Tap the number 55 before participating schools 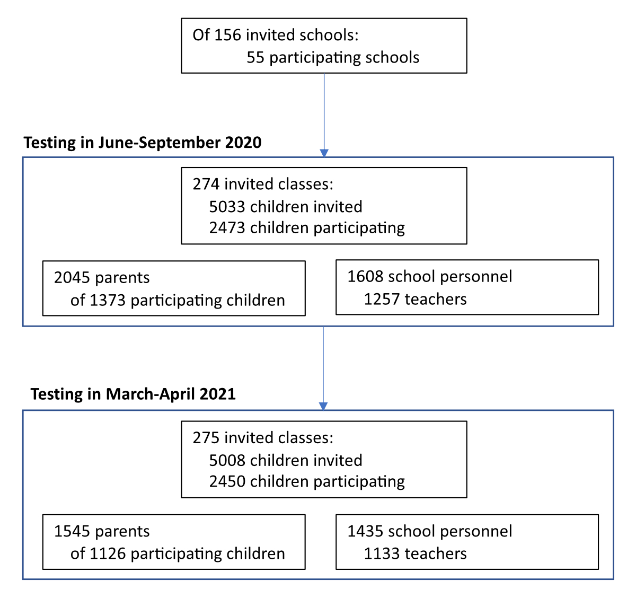coord(255,57)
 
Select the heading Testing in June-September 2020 coord(143,143)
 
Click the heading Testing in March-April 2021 coord(133,394)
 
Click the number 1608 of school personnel coord(365,277)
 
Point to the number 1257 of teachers coord(382,299)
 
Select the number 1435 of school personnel coord(365,531)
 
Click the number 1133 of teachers coord(382,553)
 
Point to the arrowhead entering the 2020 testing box coord(324,153)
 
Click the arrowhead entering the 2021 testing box coord(323,406)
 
